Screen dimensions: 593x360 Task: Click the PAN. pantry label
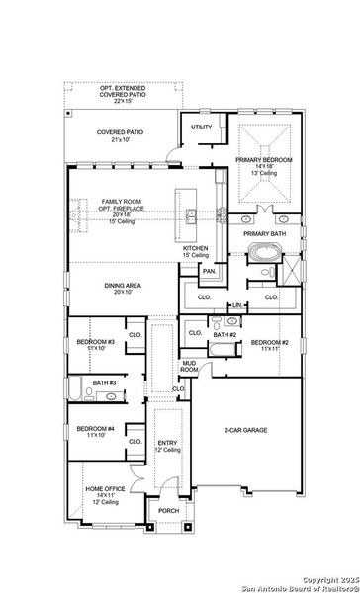tap(209, 271)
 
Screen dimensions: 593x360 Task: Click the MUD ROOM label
tap(189, 367)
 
